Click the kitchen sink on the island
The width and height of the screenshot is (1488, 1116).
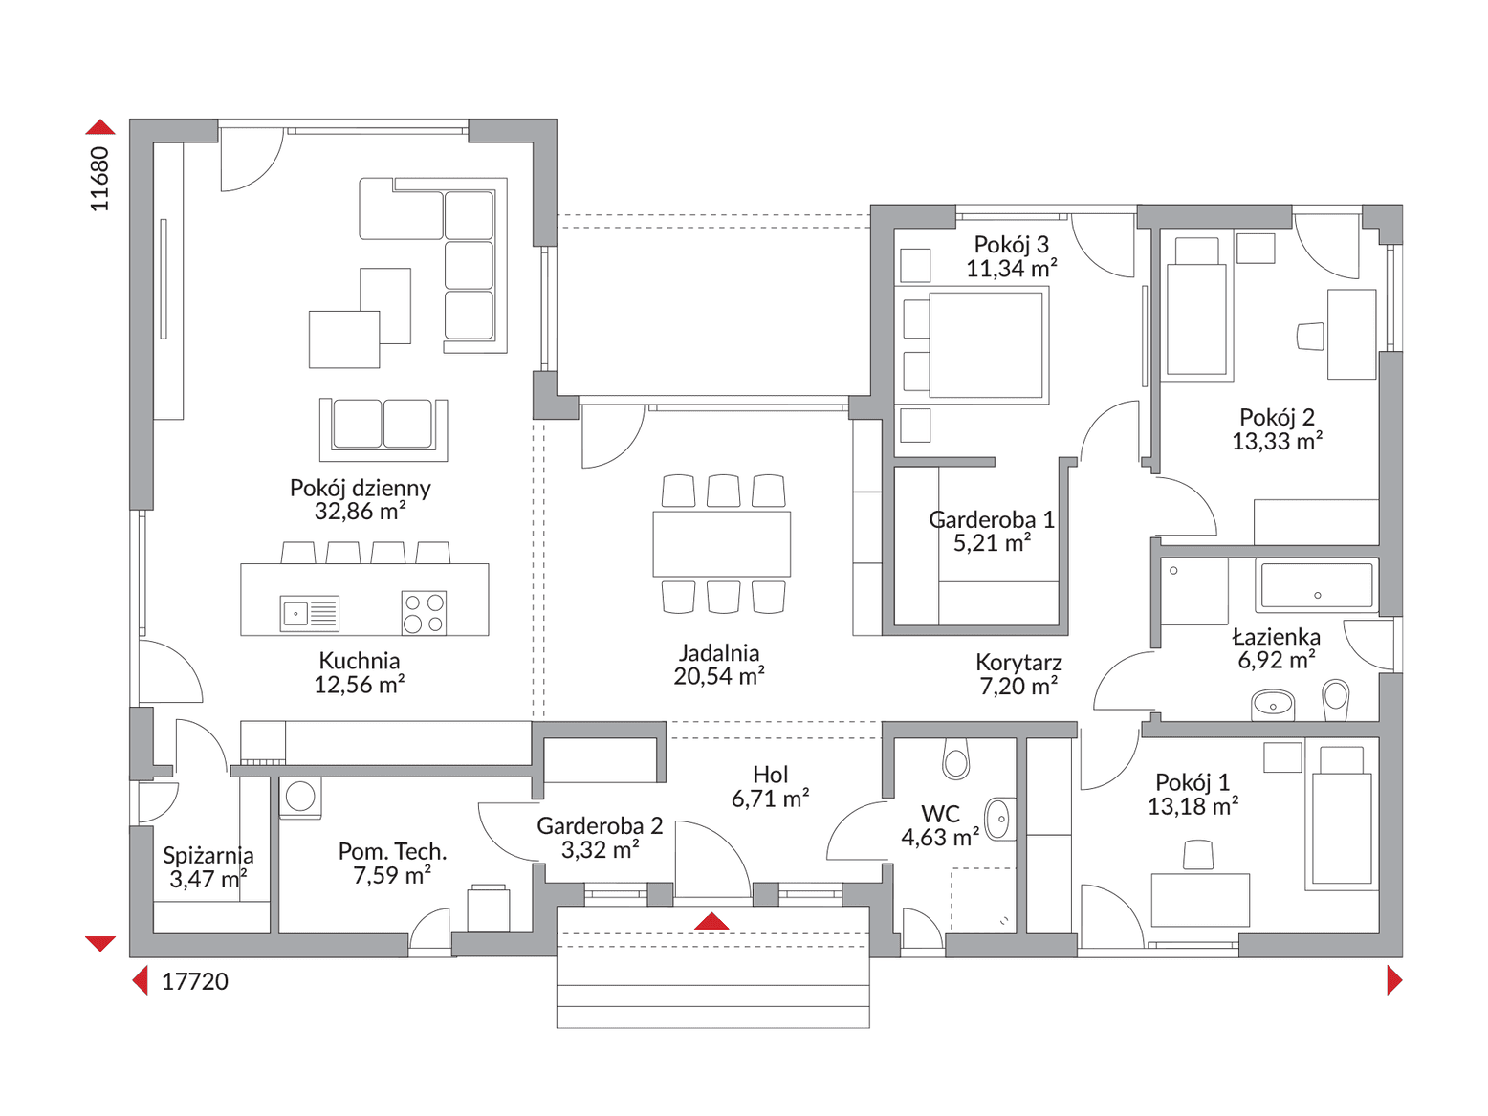point(309,613)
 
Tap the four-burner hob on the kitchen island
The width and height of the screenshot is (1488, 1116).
point(424,613)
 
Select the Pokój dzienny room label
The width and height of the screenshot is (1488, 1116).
point(360,488)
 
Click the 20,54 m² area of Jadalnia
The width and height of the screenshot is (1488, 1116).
point(718,676)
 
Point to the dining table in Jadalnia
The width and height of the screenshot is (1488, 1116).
point(721,543)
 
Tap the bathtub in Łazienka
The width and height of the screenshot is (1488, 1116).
point(1317,585)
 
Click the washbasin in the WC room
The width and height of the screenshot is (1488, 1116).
point(1000,820)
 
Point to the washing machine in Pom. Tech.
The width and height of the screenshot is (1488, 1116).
point(299,798)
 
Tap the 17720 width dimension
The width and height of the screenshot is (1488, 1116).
point(194,981)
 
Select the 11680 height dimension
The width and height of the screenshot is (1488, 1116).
point(99,179)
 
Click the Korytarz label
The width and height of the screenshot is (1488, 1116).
point(1018,662)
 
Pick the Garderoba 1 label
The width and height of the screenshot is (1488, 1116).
point(991,519)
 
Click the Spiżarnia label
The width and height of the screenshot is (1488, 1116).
point(208,855)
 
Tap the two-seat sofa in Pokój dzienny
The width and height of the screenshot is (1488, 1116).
point(383,429)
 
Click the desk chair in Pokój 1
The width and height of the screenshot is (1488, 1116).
point(1198,854)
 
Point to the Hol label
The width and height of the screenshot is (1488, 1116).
point(770,775)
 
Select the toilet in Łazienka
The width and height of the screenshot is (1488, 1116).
point(1336,700)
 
